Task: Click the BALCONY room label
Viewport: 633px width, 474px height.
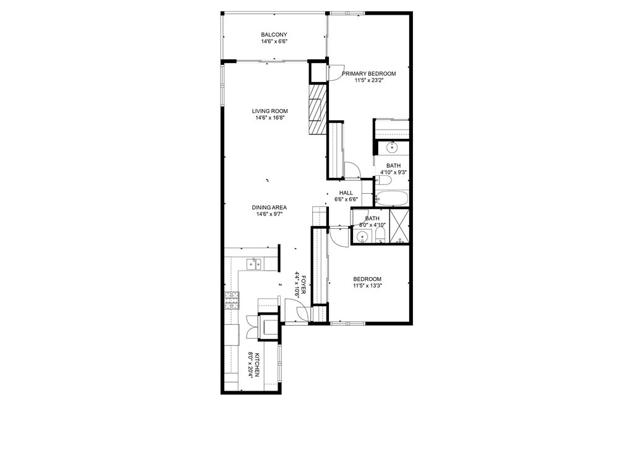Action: [274, 35]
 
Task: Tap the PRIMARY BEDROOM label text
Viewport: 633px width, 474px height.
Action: [369, 73]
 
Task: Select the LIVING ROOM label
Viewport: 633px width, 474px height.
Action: [270, 111]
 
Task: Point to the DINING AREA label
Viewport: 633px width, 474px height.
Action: [269, 207]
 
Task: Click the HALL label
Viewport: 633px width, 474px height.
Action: [346, 193]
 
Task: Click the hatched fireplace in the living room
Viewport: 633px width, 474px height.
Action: [317, 109]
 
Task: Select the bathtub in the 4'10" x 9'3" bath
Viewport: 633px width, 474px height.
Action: [391, 199]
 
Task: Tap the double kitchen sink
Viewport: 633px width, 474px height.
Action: [254, 265]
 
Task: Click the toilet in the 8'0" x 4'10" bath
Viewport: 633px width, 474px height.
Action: [380, 238]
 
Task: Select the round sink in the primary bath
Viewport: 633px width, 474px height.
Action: [391, 147]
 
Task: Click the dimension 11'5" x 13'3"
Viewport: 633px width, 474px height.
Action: [367, 286]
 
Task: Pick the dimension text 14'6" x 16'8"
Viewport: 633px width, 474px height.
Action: [270, 118]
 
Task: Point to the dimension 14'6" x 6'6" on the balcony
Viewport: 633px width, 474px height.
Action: [274, 41]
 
